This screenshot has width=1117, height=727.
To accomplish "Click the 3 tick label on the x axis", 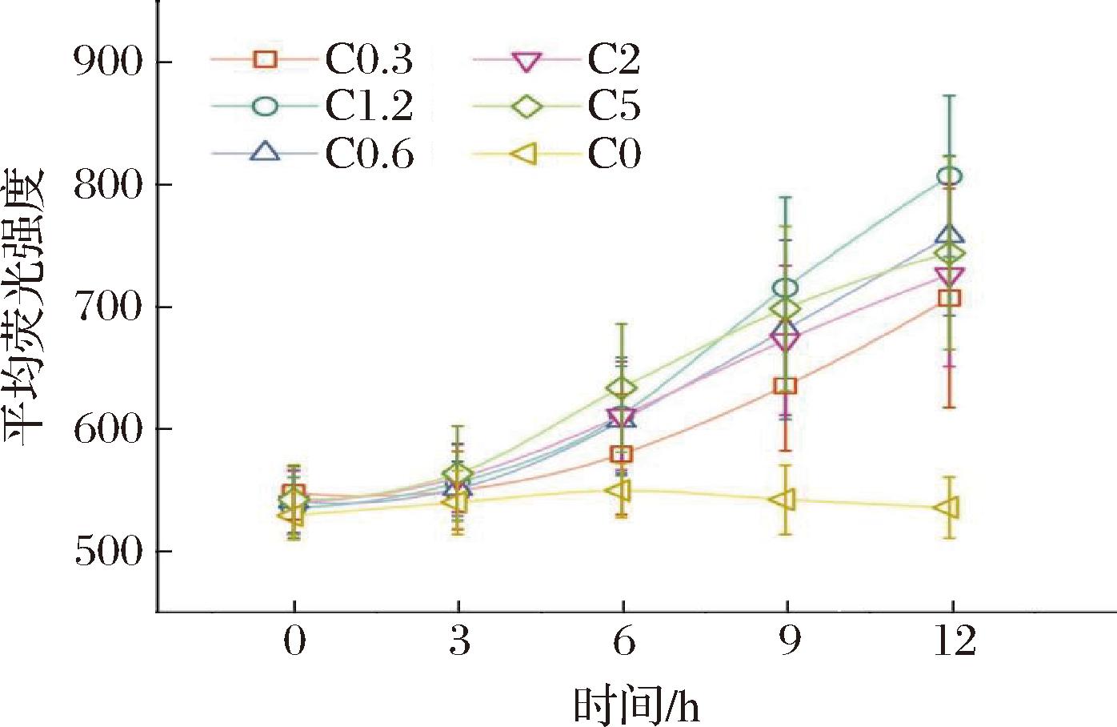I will click(458, 642).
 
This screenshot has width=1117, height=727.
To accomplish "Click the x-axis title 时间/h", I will click(636, 705).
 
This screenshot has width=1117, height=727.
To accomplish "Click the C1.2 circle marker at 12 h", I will click(950, 177).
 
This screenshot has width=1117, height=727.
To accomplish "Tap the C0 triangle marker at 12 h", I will click(948, 508).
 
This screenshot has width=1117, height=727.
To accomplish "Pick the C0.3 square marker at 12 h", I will click(950, 299).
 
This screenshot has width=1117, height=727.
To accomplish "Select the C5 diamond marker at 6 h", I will click(622, 388).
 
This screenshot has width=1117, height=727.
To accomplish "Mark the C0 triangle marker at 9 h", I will click(784, 500).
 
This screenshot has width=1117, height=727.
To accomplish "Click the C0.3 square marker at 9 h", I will click(787, 386).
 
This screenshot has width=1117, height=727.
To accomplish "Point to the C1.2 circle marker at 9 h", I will click(787, 287).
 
